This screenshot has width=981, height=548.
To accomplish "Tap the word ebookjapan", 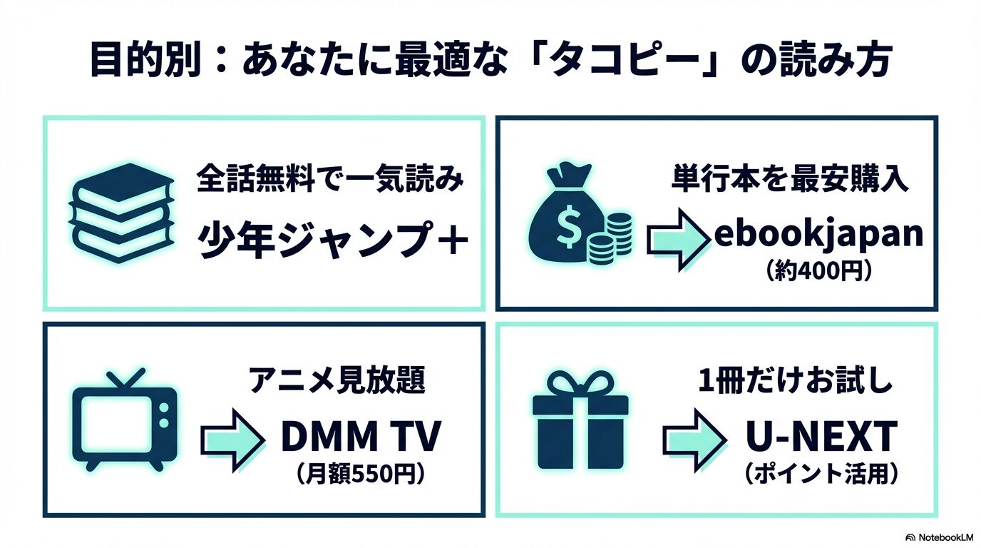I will tap(818, 235).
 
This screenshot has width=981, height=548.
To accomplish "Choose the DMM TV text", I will tap(361, 437).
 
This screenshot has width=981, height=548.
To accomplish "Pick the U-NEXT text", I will tap(819, 437).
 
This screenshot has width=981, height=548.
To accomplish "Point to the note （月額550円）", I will tap(360, 474).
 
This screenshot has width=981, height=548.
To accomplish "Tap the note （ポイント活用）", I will tap(819, 474).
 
